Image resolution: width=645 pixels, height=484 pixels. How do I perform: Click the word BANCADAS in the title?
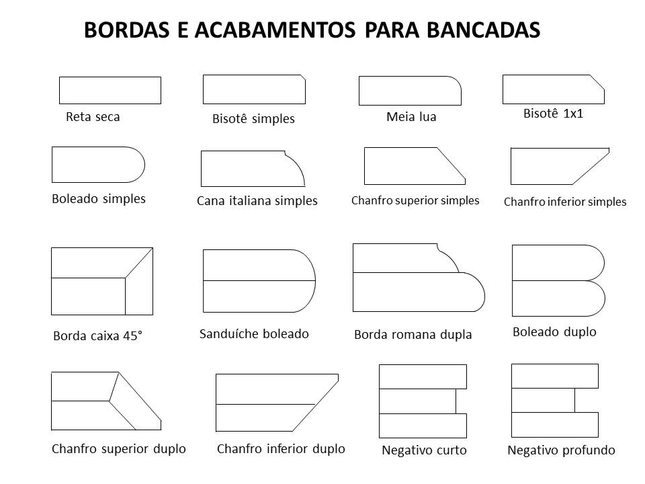click(483, 30)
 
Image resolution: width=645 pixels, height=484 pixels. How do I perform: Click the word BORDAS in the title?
click(127, 30)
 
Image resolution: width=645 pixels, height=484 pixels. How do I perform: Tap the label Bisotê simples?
click(253, 119)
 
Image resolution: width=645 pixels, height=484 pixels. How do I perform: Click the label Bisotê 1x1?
click(553, 113)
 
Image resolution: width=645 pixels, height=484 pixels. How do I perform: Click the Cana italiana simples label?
click(257, 201)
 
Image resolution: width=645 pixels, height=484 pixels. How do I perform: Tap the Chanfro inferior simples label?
click(565, 202)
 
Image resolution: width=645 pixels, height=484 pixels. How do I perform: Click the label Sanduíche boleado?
click(254, 334)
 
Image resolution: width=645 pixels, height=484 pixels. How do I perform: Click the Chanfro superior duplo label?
click(118, 448)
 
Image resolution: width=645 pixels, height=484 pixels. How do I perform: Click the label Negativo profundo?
click(561, 450)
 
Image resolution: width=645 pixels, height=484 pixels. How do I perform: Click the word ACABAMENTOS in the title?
click(275, 30)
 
